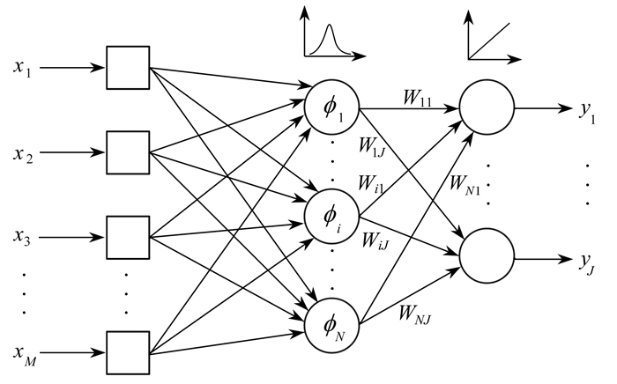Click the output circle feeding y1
487,111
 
